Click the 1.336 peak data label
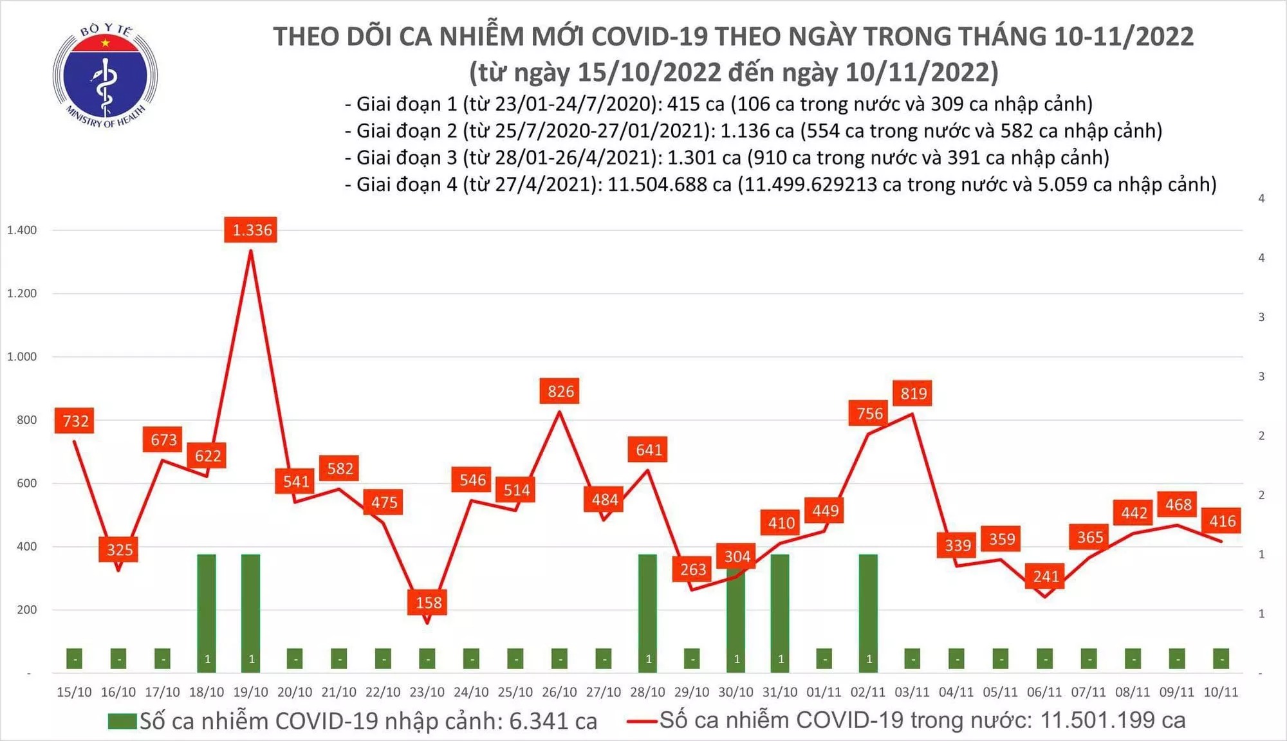point(251,230)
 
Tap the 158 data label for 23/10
point(428,603)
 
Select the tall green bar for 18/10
point(207,611)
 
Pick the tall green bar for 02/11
point(868,611)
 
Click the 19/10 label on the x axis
point(250,692)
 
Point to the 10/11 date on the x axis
point(1220,692)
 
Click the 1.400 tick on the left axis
point(22,230)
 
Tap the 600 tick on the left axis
point(26,483)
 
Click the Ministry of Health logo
point(105,76)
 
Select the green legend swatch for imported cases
point(122,721)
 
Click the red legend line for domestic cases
point(642,721)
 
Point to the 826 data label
point(560,391)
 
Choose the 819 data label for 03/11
point(913,393)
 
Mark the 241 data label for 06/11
point(1046,576)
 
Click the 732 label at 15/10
point(75,421)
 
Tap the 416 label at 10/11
point(1222,521)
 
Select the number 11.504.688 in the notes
point(669,185)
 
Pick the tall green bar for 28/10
point(647,611)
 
